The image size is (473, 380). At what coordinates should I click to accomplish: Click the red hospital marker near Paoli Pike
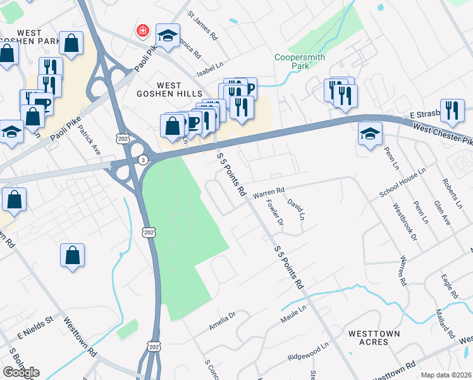144,30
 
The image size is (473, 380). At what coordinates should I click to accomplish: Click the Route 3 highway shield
144,160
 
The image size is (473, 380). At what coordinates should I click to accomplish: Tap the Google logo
21,372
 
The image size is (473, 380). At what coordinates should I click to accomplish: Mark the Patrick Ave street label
89,139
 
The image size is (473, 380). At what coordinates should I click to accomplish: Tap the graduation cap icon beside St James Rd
168,37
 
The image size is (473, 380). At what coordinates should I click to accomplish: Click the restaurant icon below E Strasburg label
452,110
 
